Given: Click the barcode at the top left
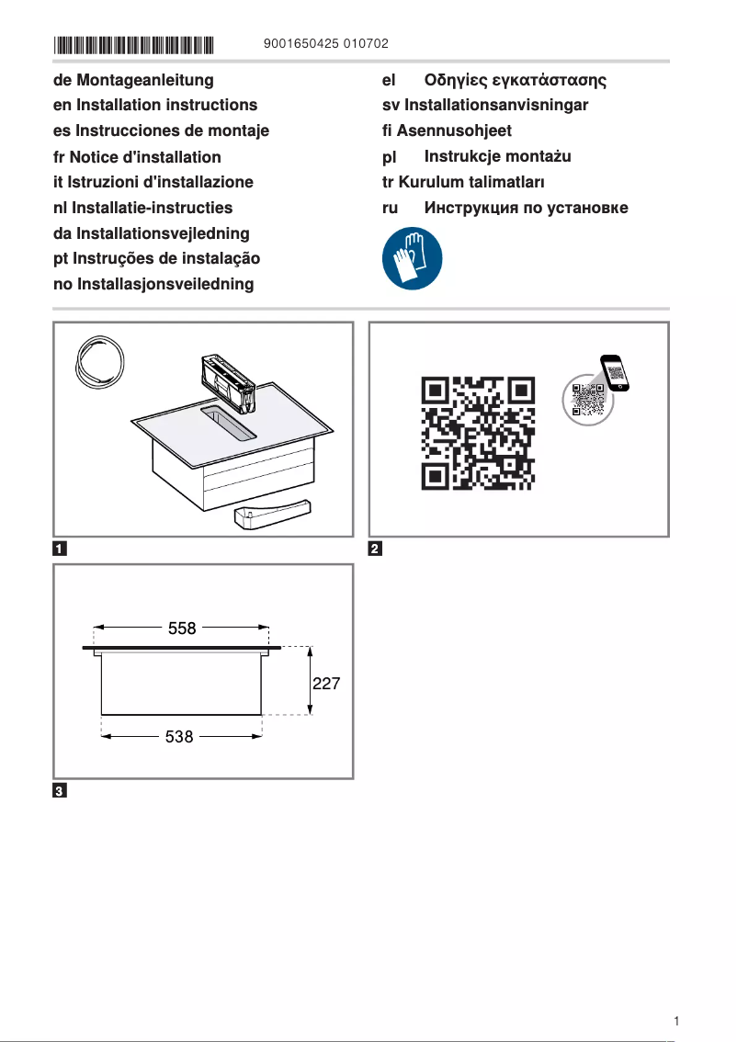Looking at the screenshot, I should [134, 44].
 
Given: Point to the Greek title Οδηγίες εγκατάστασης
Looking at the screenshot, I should [516, 81].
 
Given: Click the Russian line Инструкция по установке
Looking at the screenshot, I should [526, 208].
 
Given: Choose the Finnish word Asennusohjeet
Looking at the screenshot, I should [454, 131].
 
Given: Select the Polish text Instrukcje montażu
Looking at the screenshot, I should [497, 157].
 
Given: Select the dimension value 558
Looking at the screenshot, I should [182, 629].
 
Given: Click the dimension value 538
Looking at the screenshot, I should [178, 737].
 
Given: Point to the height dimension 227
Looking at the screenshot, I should [327, 685].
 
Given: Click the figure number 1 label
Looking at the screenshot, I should [59, 550].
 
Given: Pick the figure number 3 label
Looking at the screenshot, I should [59, 792].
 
